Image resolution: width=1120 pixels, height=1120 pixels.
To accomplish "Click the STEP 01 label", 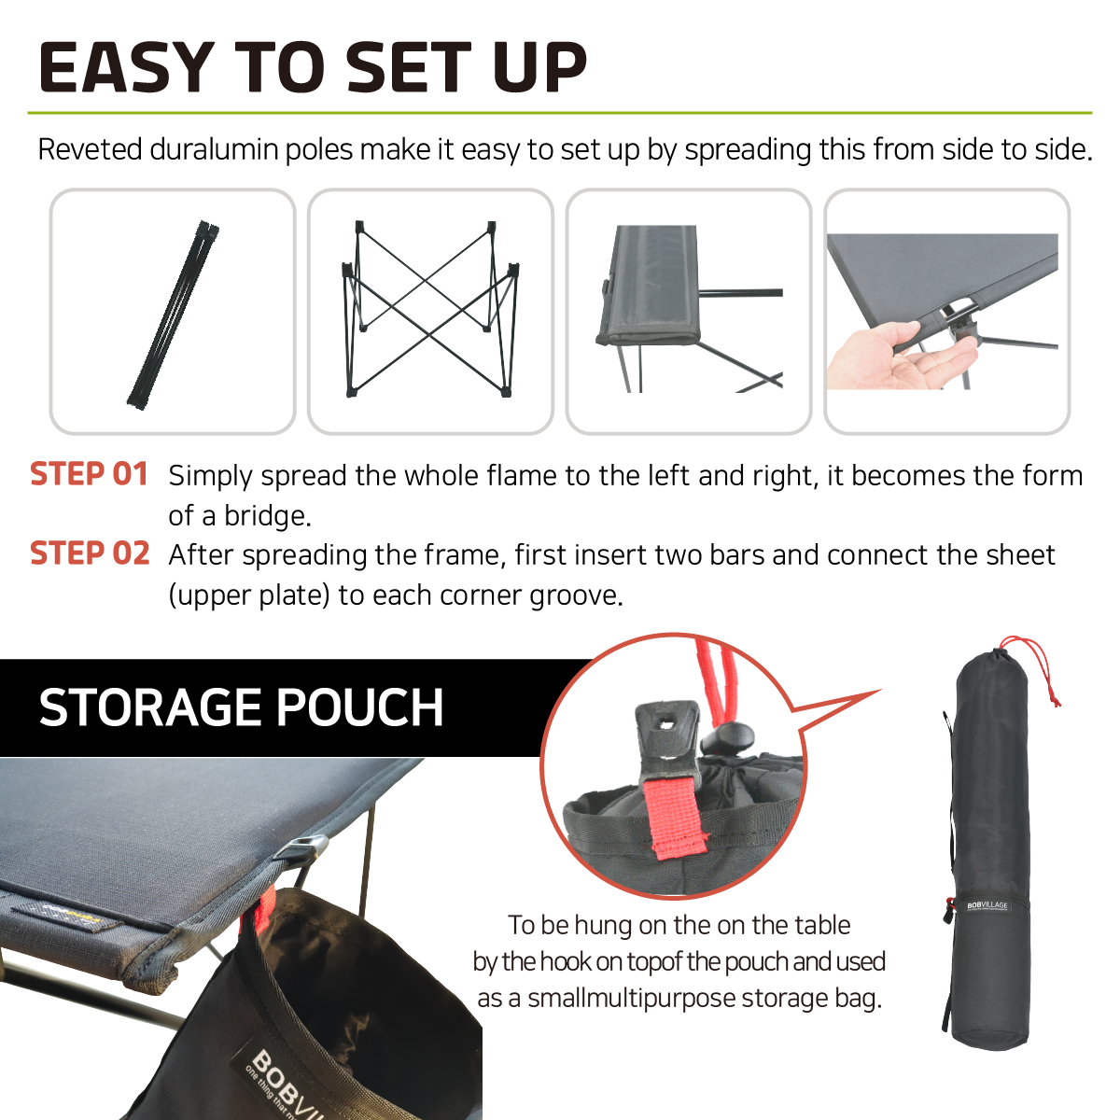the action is (89, 474).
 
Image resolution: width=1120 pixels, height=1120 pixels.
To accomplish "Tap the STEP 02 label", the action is (91, 553).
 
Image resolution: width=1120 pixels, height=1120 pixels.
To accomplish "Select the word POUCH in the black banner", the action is (359, 707).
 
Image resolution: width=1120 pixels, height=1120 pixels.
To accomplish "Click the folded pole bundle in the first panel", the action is (174, 315).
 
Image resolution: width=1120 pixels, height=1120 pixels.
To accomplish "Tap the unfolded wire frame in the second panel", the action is (430, 309).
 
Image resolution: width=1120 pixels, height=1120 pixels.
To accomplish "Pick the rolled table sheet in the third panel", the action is (649, 286).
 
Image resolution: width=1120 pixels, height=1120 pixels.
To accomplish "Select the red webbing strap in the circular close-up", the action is (676, 819).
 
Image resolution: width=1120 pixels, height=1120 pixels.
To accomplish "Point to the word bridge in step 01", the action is (264, 515).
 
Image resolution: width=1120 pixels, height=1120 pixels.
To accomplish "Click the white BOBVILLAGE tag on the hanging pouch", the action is (279, 1081).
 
